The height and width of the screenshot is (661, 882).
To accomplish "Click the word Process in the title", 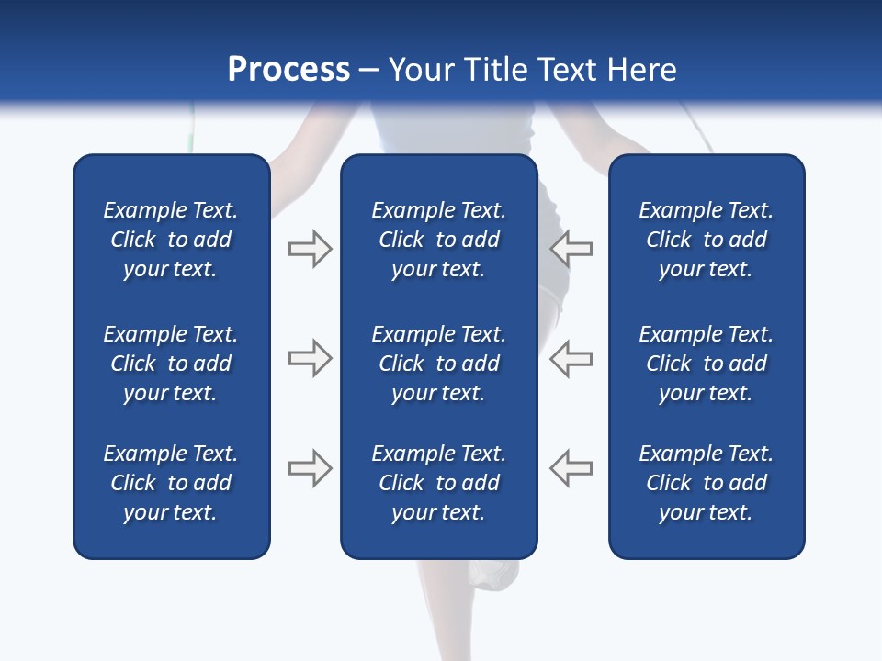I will [288, 70].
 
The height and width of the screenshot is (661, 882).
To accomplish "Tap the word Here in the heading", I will [639, 70].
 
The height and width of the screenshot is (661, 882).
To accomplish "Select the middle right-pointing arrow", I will [310, 358].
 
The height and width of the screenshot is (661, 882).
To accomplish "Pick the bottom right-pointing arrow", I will [310, 467].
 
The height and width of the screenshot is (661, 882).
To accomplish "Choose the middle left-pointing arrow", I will [571, 358].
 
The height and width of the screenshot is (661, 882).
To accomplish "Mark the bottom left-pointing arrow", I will [571, 467].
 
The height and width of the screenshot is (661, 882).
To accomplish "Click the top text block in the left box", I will [171, 240].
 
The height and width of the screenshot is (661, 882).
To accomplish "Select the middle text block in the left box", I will [171, 364].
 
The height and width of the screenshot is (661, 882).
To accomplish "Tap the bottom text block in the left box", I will [171, 483].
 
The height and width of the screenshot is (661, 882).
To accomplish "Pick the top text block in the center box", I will [438, 240].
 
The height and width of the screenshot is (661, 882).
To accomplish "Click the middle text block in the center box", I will [438, 364].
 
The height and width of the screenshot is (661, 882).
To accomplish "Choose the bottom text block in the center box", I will [438, 483].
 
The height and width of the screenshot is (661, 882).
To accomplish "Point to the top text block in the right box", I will [706, 240].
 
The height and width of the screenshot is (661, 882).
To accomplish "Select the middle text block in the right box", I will [706, 364].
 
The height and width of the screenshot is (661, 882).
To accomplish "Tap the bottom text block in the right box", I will [706, 483].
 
